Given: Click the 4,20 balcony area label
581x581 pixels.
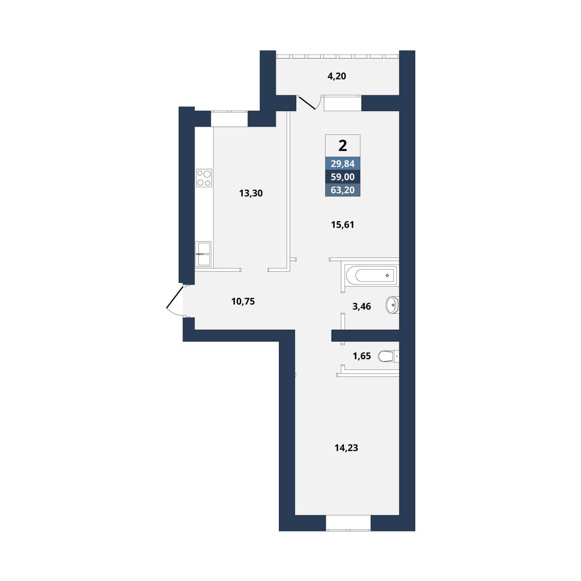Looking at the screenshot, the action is (x=336, y=76).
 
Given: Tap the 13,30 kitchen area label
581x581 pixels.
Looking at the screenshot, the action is (x=251, y=193).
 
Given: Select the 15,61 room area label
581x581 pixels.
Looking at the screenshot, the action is (x=342, y=225).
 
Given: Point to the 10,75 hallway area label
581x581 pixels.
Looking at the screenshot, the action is (x=243, y=301).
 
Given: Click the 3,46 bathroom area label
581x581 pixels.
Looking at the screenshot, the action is (x=362, y=306).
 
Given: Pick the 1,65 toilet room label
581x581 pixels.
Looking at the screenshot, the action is (x=362, y=356).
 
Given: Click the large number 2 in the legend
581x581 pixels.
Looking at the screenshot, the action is (x=343, y=146).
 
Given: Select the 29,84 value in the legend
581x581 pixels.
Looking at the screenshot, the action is (x=342, y=164).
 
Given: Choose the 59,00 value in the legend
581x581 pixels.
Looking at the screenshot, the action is (x=342, y=177).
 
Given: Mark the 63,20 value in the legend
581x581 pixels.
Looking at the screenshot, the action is (x=342, y=190).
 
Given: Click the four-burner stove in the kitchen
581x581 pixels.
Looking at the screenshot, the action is (x=204, y=178).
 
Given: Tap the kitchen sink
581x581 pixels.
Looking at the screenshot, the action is (x=203, y=254).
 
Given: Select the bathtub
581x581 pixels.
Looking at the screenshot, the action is (x=372, y=275).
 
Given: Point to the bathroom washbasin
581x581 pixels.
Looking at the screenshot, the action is (x=392, y=306).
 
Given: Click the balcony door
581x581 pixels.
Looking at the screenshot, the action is (x=307, y=103).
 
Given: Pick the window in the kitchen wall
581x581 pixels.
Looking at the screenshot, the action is (x=229, y=119).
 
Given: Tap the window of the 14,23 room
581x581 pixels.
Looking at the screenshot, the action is (x=348, y=522).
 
